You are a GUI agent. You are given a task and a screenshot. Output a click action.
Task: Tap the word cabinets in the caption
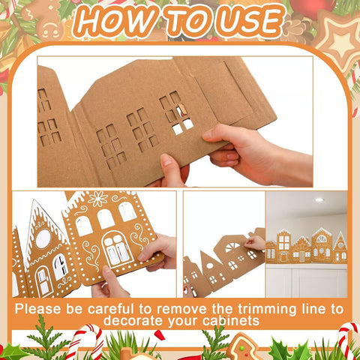[x=229, y=321]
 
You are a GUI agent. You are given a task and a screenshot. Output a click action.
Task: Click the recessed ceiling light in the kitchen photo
[x=319, y=199]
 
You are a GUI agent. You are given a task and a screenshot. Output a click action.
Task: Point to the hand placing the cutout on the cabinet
[x=256, y=241]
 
